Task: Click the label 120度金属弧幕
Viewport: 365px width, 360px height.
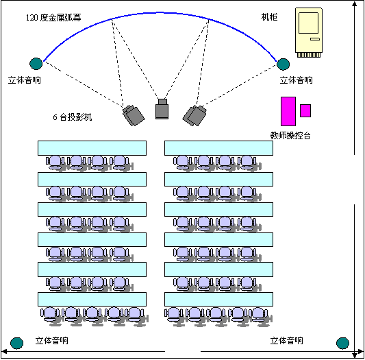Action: click(53, 18)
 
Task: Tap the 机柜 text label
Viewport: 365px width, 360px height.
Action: click(269, 17)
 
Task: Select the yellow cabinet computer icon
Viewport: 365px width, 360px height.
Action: click(309, 33)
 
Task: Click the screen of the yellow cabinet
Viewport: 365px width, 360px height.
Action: click(308, 23)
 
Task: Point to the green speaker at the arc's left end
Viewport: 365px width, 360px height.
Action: click(36, 64)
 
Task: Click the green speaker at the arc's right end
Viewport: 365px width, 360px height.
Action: click(283, 64)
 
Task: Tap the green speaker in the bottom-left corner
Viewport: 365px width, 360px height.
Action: click(16, 344)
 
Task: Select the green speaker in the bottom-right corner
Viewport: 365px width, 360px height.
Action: click(342, 344)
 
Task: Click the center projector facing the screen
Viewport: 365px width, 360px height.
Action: click(162, 109)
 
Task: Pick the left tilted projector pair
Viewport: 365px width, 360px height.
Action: click(134, 116)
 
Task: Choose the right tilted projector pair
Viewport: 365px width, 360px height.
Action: click(194, 116)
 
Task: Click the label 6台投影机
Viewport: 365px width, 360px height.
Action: click(73, 117)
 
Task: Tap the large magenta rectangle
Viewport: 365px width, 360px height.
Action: click(288, 112)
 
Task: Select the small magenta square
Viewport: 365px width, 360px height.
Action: click(305, 111)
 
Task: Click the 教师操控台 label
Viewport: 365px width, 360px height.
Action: click(290, 136)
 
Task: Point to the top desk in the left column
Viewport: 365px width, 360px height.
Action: click(92, 148)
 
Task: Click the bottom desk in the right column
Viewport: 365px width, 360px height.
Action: click(219, 299)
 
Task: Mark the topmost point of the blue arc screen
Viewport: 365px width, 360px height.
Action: click(160, 12)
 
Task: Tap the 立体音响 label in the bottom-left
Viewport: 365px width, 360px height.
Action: click(51, 341)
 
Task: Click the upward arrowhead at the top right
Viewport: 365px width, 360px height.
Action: click(355, 3)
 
